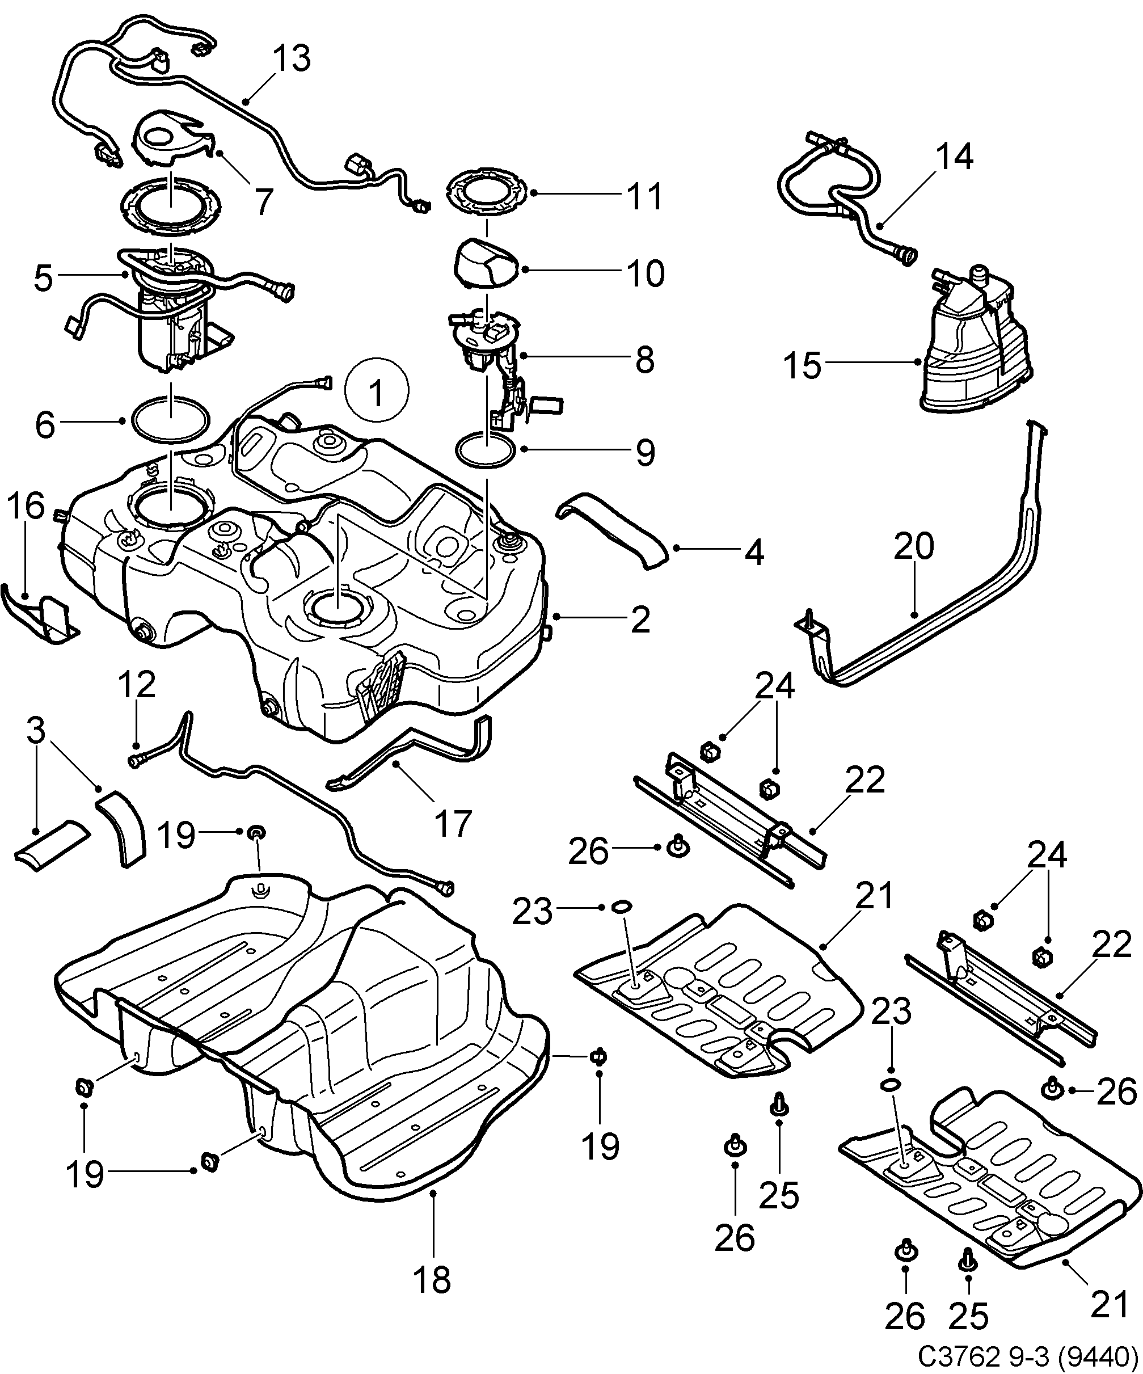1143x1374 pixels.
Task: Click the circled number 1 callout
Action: [x=376, y=392]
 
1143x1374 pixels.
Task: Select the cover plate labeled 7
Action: [x=171, y=141]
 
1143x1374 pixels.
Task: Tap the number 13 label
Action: [x=291, y=59]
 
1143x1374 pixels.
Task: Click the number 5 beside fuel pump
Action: [x=43, y=277]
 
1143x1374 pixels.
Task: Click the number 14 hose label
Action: [x=955, y=157]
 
